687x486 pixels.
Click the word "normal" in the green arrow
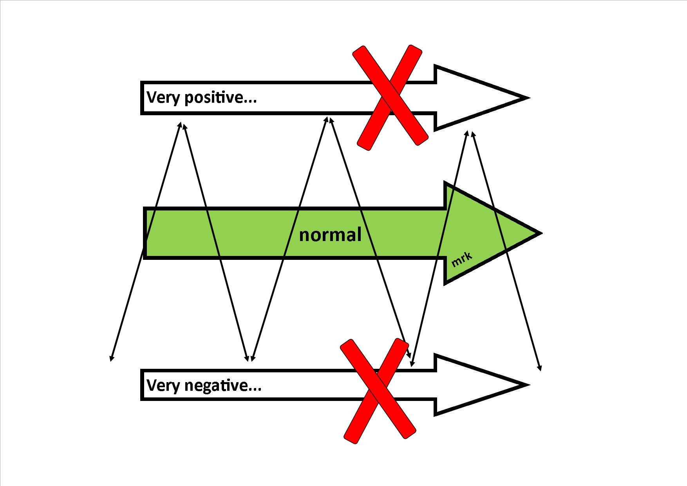tap(330, 235)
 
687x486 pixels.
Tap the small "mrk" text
tap(462, 259)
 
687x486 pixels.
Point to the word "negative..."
tap(223, 386)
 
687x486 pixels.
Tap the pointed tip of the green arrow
tap(541, 233)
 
